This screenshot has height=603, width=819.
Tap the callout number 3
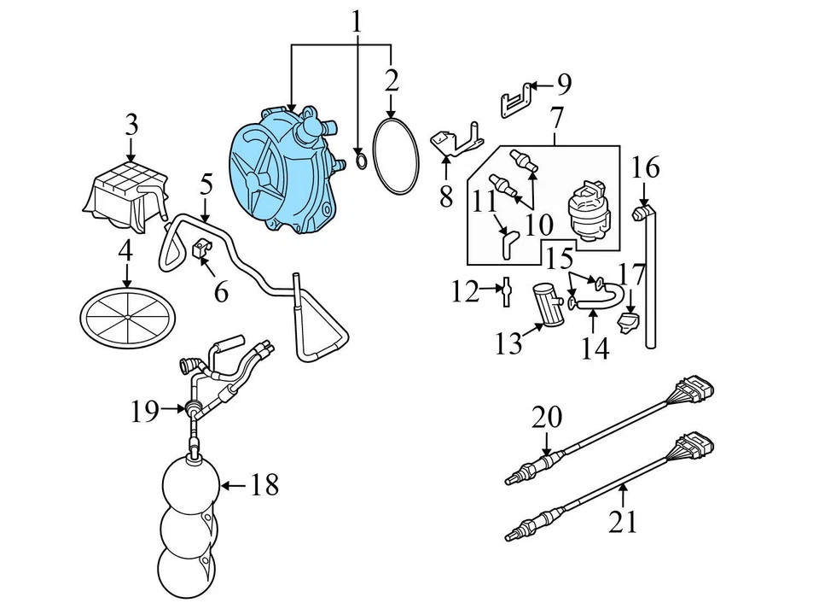pyautogui.click(x=131, y=126)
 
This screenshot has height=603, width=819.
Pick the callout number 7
pyautogui.click(x=557, y=116)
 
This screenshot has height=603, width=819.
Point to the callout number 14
pyautogui.click(x=596, y=348)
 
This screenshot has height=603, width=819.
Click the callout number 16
pyautogui.click(x=646, y=167)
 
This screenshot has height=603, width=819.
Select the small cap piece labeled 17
pyautogui.click(x=630, y=323)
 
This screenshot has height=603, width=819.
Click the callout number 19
pyautogui.click(x=145, y=412)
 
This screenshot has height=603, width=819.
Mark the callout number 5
pyautogui.click(x=206, y=184)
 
